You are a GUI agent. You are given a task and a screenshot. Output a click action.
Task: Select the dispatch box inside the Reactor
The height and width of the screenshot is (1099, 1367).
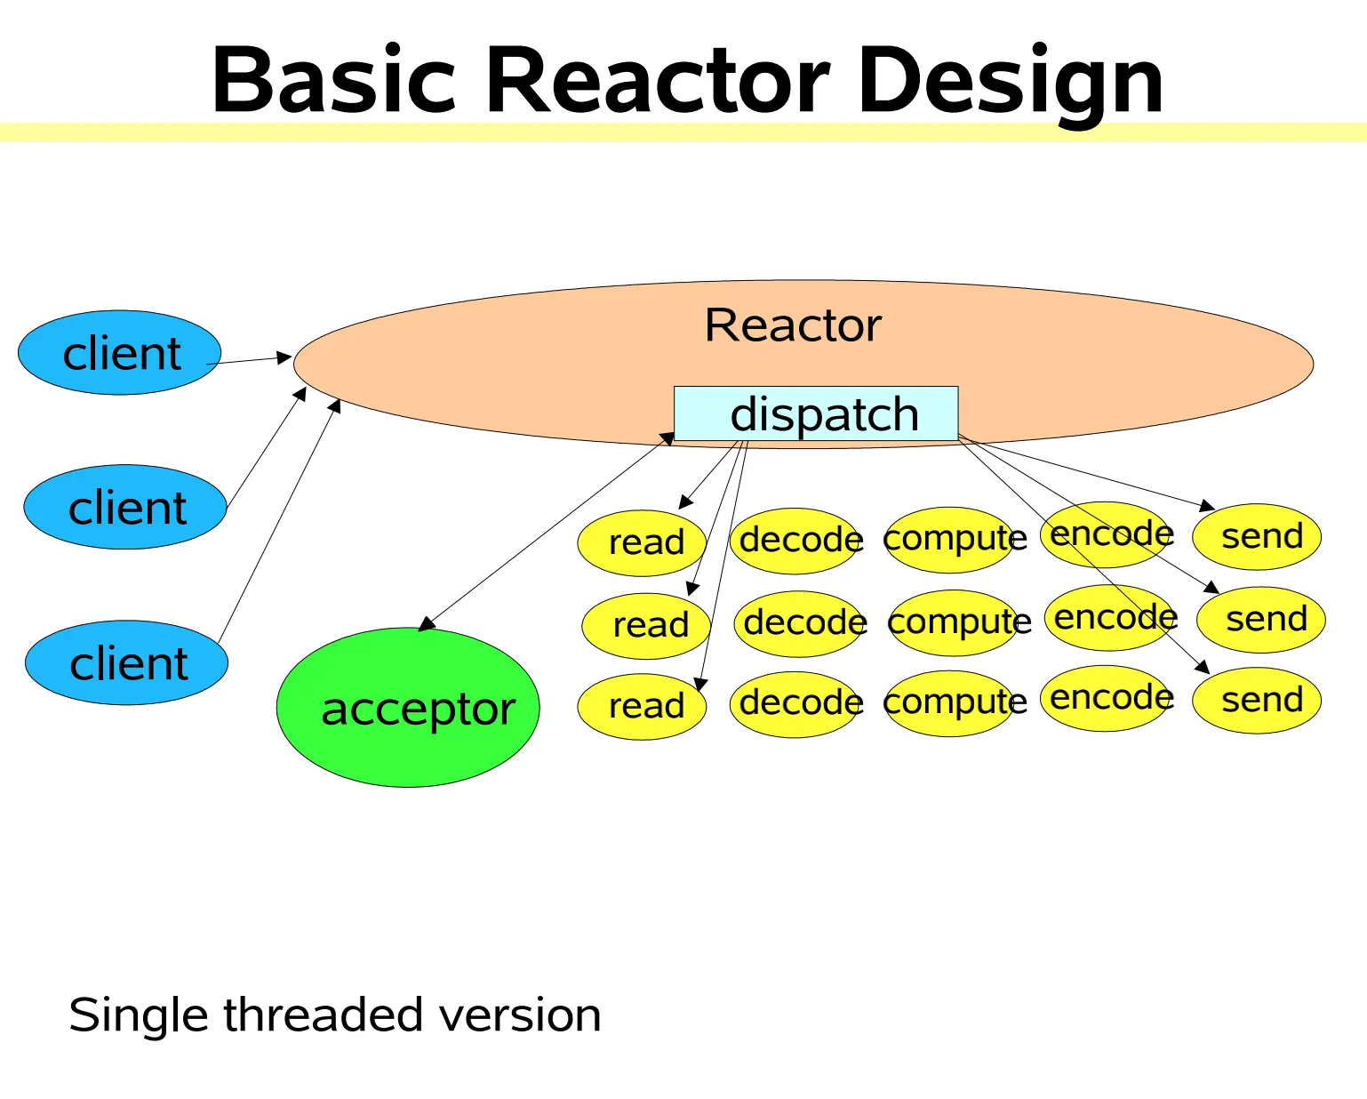click(x=816, y=414)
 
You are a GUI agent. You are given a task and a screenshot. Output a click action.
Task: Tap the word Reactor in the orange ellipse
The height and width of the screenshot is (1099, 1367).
click(x=793, y=325)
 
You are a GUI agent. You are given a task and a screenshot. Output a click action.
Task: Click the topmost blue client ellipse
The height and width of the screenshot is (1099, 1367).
click(x=120, y=353)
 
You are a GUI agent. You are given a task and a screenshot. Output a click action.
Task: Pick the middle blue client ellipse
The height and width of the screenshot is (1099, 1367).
click(x=125, y=508)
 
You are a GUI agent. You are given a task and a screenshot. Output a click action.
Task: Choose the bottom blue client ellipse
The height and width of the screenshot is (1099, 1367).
click(x=126, y=663)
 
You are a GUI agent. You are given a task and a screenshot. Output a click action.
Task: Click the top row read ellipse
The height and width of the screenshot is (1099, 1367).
click(x=642, y=541)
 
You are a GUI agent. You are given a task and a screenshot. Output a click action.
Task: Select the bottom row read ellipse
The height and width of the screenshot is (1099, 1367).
click(x=642, y=706)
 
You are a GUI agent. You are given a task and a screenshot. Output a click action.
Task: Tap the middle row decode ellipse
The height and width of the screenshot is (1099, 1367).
click(x=801, y=623)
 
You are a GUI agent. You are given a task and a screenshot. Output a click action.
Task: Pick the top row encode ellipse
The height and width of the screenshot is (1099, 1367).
click(x=1107, y=534)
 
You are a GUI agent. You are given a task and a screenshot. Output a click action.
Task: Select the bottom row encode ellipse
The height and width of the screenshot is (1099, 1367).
click(x=1107, y=699)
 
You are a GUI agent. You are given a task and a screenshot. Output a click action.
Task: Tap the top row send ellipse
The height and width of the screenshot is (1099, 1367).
click(x=1257, y=537)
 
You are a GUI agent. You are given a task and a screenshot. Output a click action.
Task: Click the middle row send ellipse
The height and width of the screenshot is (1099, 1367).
click(x=1261, y=620)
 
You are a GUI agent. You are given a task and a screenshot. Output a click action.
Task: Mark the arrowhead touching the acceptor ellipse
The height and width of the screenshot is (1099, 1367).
click(x=427, y=624)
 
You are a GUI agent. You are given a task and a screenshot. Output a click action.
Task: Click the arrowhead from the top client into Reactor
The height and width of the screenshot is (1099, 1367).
click(x=284, y=357)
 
